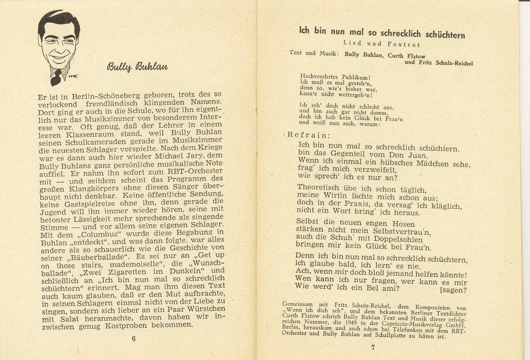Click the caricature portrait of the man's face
(58, 45)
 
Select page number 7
(373, 348)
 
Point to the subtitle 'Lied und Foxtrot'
(381, 43)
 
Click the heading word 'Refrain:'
(308, 135)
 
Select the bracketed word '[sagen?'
(453, 290)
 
